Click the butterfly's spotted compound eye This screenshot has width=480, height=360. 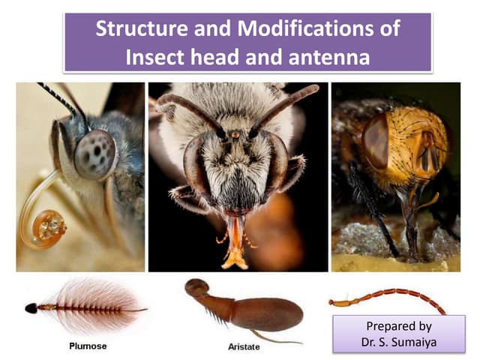coord(95,154)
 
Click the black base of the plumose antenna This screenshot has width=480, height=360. coord(31,307)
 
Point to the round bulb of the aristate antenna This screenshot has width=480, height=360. coord(196,287)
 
